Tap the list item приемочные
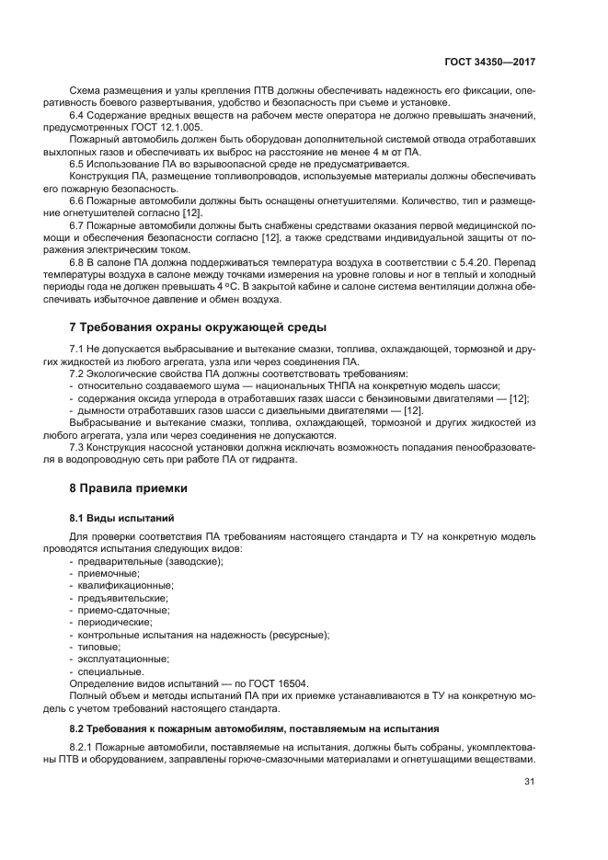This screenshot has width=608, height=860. [109, 573]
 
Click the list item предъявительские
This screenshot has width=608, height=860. [122, 598]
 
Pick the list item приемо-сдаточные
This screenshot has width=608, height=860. [122, 610]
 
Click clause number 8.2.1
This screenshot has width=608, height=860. [82, 748]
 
